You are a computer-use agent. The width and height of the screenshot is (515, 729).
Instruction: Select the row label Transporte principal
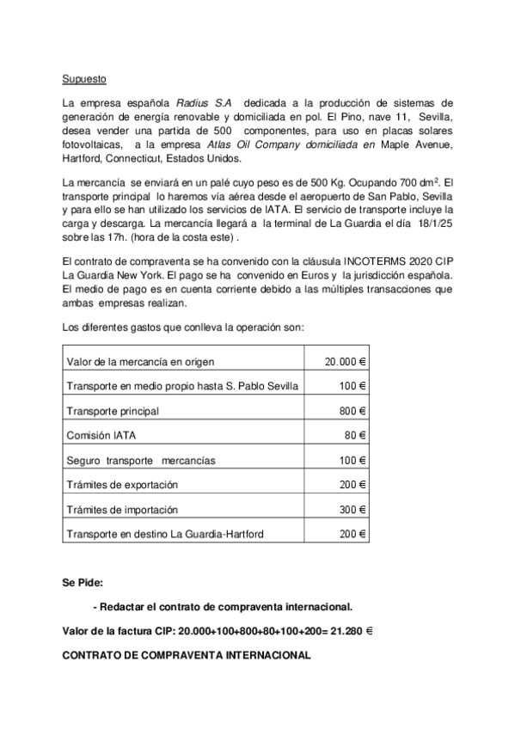[x=113, y=411]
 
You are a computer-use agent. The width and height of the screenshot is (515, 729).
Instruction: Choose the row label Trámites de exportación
[x=122, y=486]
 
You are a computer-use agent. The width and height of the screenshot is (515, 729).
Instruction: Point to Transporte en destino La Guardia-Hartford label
[x=166, y=535]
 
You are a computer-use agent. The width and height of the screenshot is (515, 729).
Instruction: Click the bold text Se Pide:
[x=83, y=582]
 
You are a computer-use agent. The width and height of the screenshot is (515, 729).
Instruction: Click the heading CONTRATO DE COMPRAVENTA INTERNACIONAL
[x=186, y=655]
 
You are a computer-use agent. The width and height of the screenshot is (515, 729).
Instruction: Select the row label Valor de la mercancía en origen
[x=140, y=361]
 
